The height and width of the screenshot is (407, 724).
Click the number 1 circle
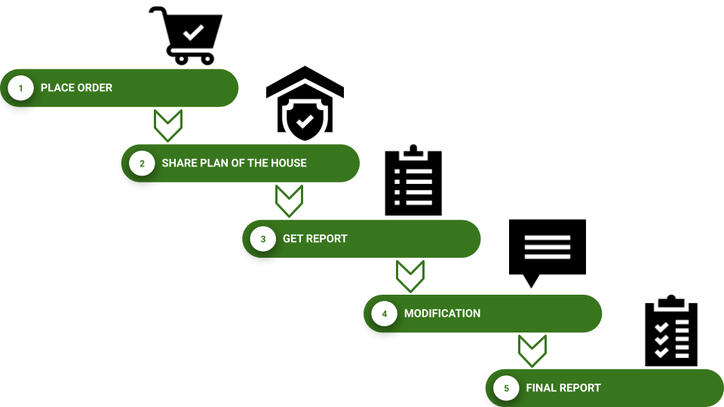(21, 88)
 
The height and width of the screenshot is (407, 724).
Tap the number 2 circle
(142, 164)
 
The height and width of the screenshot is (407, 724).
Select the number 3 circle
(263, 239)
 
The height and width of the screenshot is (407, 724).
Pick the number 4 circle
(385, 314)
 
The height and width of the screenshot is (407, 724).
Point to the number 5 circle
(506, 389)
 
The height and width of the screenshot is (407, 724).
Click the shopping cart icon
(186, 35)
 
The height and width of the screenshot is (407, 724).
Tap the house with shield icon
(305, 103)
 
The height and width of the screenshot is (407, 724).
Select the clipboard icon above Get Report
(413, 180)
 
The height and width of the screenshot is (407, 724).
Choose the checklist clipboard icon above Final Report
(671, 332)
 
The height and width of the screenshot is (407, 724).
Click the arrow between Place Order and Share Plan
(168, 125)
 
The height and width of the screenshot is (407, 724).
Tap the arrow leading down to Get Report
(289, 200)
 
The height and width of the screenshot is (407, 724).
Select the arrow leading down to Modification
(410, 276)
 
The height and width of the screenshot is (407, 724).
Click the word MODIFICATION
(442, 314)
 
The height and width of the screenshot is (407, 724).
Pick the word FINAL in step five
(542, 388)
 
